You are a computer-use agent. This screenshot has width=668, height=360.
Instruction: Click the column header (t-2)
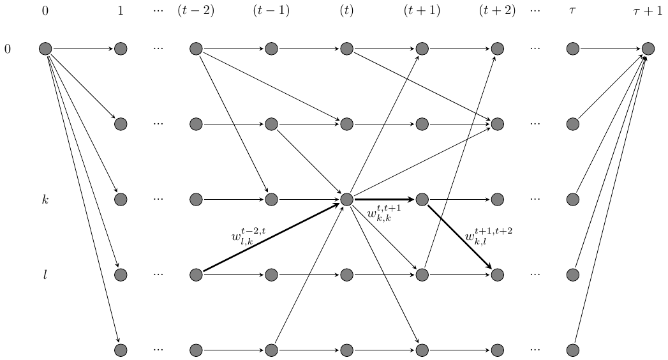(196, 11)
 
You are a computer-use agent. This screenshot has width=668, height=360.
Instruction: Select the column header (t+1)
(422, 11)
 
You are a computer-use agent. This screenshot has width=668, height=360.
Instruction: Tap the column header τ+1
(648, 11)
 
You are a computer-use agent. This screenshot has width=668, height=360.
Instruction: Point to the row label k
(45, 200)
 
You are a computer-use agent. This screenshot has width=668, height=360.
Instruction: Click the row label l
(45, 275)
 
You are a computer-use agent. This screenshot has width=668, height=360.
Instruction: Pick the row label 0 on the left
(8, 49)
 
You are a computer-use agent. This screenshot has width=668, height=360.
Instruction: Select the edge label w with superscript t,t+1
(383, 213)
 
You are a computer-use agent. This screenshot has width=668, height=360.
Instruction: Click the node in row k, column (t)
(346, 199)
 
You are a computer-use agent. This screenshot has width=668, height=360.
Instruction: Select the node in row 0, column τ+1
(648, 49)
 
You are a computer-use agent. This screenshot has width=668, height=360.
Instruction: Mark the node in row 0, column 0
(45, 49)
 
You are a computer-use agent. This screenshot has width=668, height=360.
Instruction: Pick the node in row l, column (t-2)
(196, 274)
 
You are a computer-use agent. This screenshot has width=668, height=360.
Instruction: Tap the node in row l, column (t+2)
(497, 274)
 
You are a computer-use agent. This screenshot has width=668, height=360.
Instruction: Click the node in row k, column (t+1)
(422, 199)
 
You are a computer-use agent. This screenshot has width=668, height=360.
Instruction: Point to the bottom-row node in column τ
(572, 350)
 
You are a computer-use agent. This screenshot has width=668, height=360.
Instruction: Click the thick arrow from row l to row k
(271, 237)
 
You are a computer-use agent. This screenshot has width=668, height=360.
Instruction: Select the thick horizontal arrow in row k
(384, 199)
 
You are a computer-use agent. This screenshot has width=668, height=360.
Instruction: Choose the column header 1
(121, 11)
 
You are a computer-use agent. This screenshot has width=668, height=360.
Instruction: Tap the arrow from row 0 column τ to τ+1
(610, 49)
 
